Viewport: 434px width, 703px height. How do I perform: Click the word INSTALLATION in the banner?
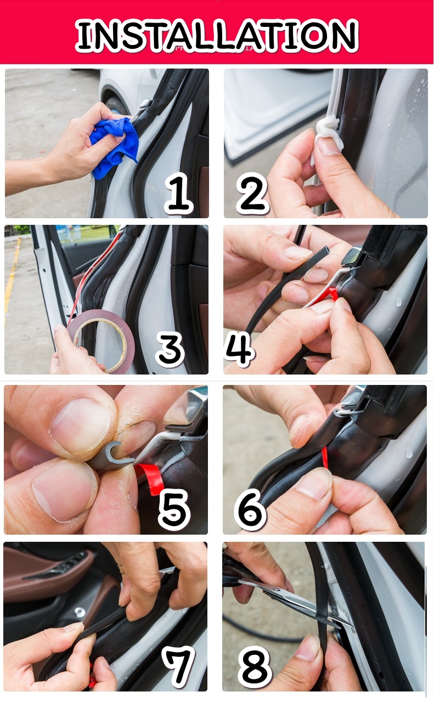pyautogui.click(x=217, y=35)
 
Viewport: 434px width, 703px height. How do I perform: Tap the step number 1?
pyautogui.click(x=178, y=193)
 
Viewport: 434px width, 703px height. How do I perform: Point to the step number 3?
pyautogui.click(x=170, y=349)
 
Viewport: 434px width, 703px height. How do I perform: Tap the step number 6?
pyautogui.click(x=250, y=509)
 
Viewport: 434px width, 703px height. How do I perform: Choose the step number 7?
pyautogui.click(x=178, y=666)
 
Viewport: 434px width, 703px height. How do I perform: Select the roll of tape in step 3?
pyautogui.click(x=101, y=341)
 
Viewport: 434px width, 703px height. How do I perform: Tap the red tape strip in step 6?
pyautogui.click(x=324, y=458)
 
